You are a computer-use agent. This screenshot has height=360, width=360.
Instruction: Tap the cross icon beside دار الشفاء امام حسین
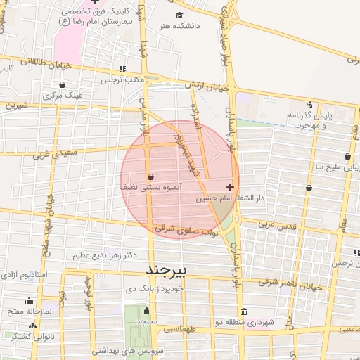[231, 188]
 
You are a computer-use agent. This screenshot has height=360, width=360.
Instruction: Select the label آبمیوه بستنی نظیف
[146, 188]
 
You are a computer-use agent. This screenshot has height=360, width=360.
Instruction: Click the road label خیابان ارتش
[207, 88]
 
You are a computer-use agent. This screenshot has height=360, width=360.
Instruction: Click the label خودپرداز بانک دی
[153, 288]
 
